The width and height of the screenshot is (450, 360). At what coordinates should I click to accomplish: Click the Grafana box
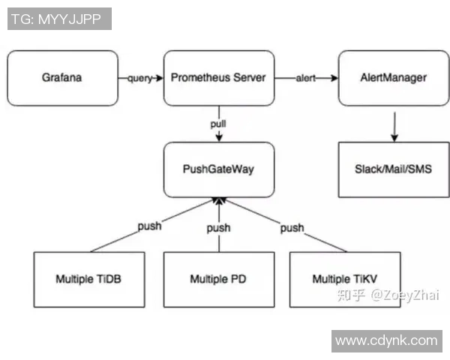[x=62, y=78]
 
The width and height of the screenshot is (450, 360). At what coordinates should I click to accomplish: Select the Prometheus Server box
[x=218, y=78]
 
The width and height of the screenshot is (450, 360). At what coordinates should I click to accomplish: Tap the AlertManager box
[x=393, y=78]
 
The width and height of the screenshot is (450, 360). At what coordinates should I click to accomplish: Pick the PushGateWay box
[x=218, y=169]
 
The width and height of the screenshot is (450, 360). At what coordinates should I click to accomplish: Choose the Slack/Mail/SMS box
[x=393, y=169]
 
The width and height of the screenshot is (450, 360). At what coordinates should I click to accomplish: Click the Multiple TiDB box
[x=88, y=279]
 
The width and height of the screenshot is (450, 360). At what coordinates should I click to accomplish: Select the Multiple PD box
[x=218, y=279]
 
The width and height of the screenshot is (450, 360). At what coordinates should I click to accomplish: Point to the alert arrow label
[x=306, y=78]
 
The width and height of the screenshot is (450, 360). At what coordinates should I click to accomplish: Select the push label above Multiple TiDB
[x=149, y=225]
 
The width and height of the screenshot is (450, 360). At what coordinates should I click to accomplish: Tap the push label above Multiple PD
[x=218, y=227]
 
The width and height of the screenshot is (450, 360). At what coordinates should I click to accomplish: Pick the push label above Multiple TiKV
[x=292, y=227]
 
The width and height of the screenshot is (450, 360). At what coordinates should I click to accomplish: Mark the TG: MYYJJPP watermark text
[x=60, y=18]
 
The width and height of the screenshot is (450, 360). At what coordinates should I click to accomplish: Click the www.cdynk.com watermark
[x=385, y=340]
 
